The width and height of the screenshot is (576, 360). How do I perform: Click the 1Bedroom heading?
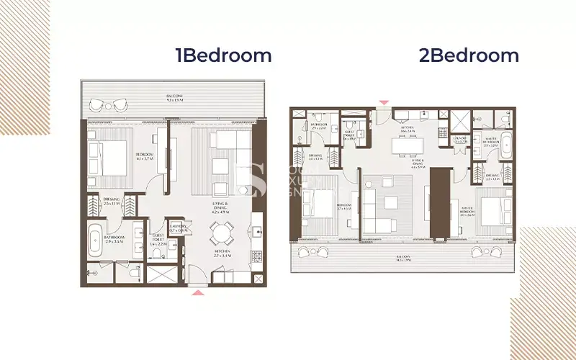click(x=224, y=55)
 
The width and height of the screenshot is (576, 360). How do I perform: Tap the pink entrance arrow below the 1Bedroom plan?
click(x=196, y=292)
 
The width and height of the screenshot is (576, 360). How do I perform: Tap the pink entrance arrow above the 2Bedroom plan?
click(x=384, y=104)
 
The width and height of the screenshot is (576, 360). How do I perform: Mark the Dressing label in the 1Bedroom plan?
click(x=111, y=202)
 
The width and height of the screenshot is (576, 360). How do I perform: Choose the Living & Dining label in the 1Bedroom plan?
click(x=220, y=210)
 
